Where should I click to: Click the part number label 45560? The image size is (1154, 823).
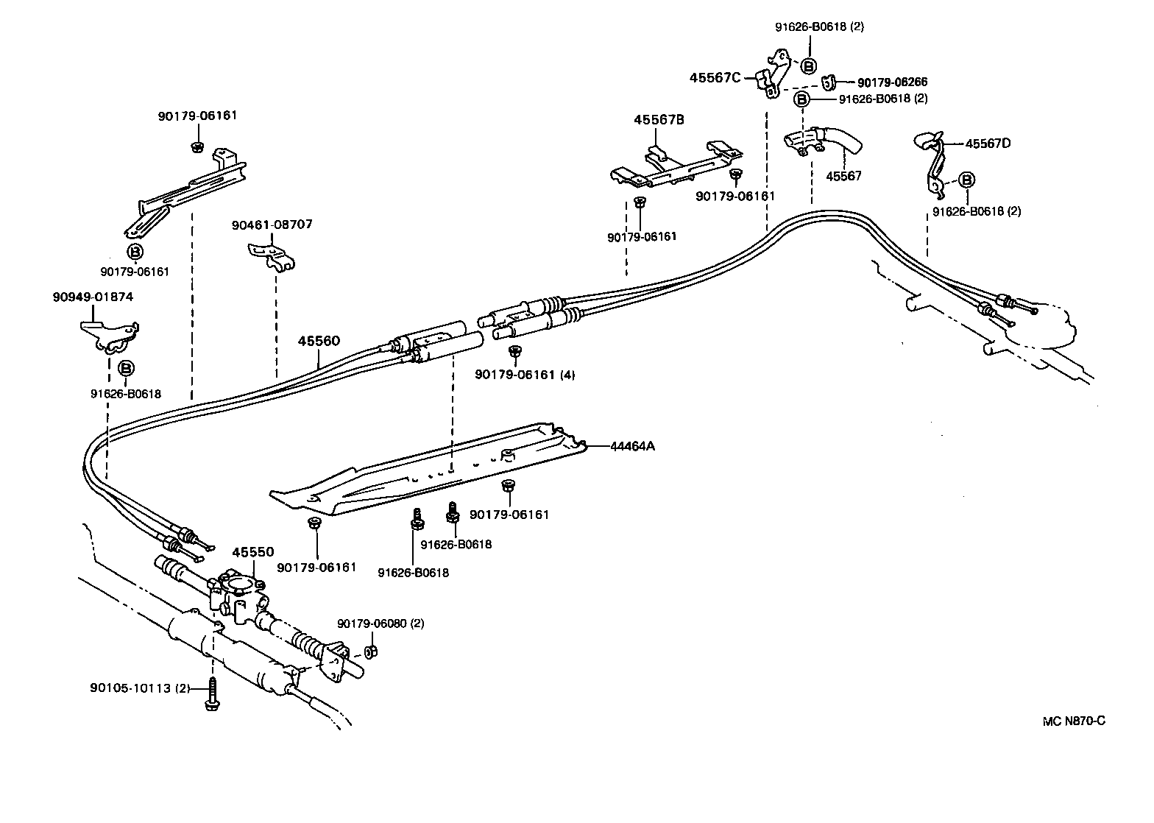click(x=319, y=342)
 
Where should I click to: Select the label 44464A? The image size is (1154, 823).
click(x=631, y=445)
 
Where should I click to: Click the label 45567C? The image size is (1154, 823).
click(x=715, y=77)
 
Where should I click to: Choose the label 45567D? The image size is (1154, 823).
click(x=988, y=144)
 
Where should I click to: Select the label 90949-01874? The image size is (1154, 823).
click(x=93, y=297)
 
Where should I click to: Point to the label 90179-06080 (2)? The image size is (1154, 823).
click(x=380, y=624)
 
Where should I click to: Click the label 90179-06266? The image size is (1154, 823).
click(x=892, y=82)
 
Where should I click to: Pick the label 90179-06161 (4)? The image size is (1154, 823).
click(x=525, y=374)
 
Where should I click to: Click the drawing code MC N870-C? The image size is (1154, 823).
click(x=1073, y=720)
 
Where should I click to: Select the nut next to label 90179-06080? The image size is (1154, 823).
click(x=372, y=651)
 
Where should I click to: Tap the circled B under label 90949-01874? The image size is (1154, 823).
click(x=126, y=367)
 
